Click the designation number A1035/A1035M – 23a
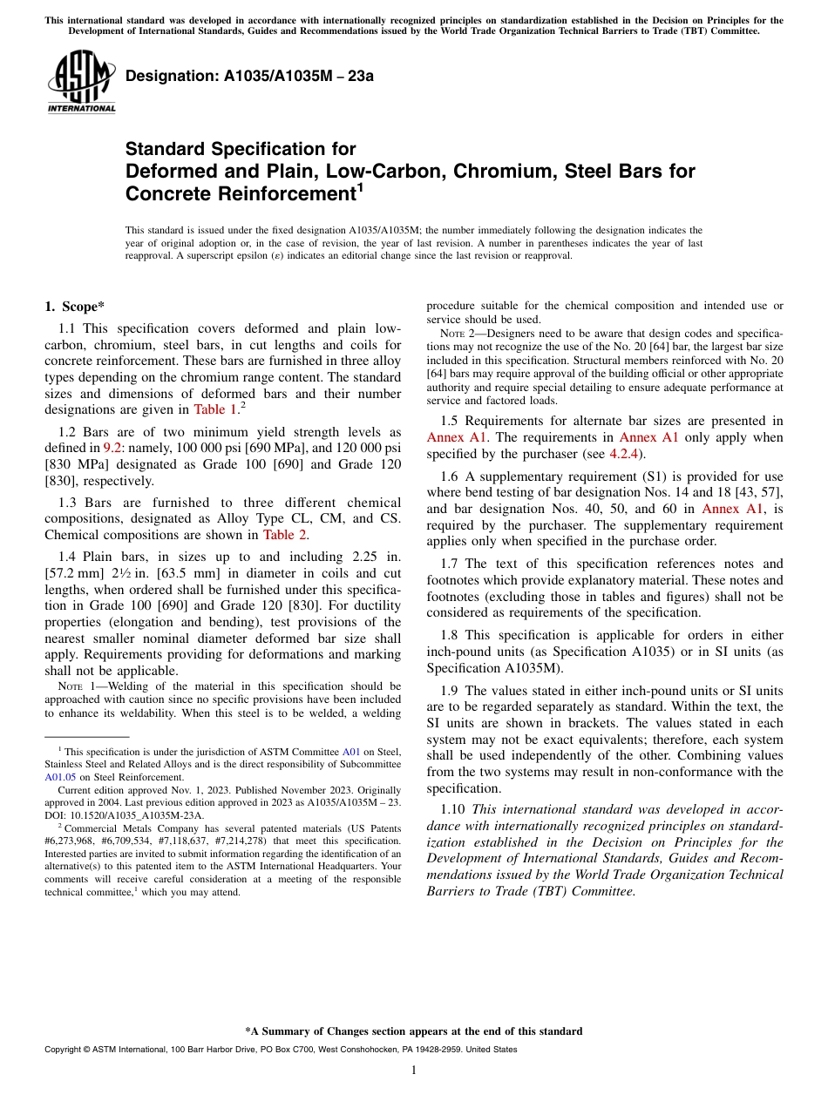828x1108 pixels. click(249, 76)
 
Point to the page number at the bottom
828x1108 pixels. click(414, 1071)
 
